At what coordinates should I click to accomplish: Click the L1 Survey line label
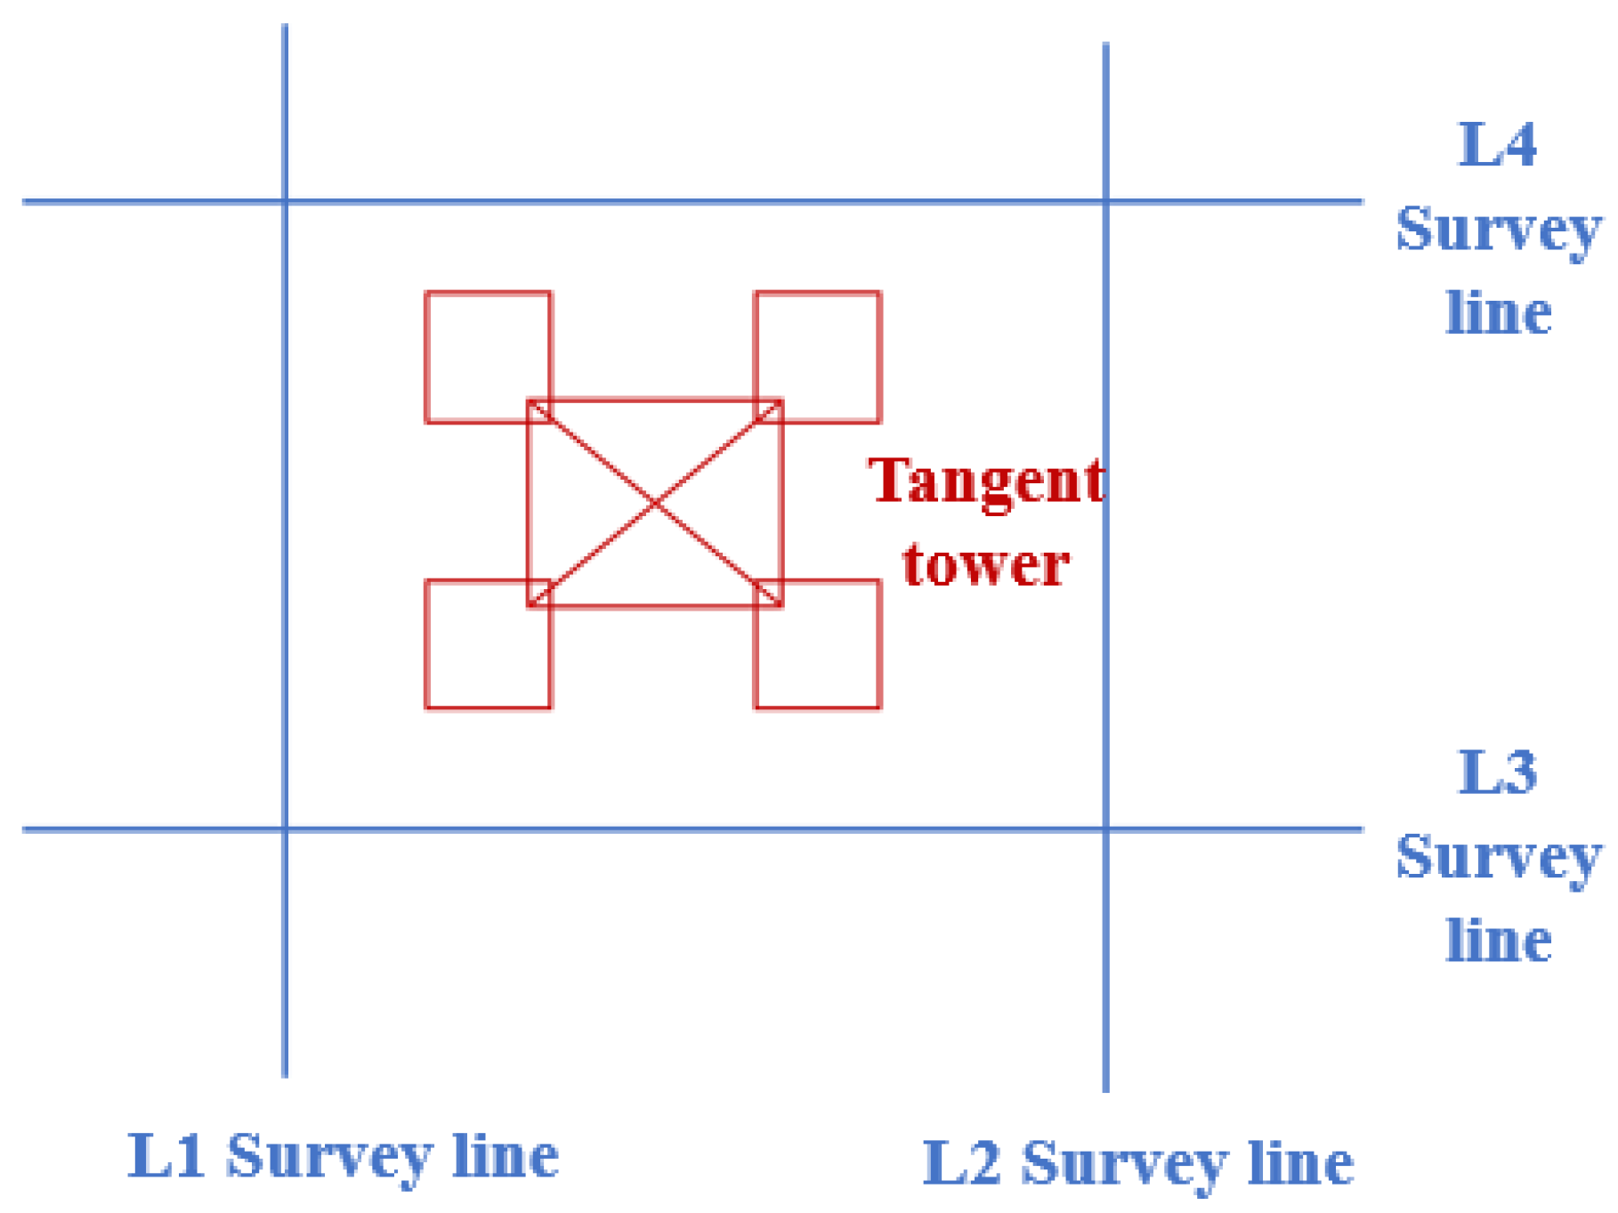[344, 1156]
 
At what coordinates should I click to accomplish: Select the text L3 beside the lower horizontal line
[1497, 772]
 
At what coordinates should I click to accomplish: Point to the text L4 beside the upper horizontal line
[1497, 144]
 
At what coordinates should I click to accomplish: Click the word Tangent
[986, 482]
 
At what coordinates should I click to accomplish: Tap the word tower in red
[985, 564]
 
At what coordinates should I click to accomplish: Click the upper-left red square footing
[488, 356]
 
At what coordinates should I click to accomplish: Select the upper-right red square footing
[817, 356]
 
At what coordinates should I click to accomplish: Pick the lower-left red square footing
[488, 644]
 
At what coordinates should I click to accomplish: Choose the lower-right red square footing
[817, 644]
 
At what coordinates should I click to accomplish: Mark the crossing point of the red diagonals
[655, 504]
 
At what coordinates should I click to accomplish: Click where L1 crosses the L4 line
[285, 202]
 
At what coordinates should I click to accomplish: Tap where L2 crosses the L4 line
[1105, 202]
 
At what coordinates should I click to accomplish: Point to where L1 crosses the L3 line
[285, 829]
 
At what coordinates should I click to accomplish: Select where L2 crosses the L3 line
[1105, 829]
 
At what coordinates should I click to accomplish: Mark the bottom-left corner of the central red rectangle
[529, 606]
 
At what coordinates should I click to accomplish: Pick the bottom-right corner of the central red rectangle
[781, 606]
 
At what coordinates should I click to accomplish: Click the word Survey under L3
[1499, 858]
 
